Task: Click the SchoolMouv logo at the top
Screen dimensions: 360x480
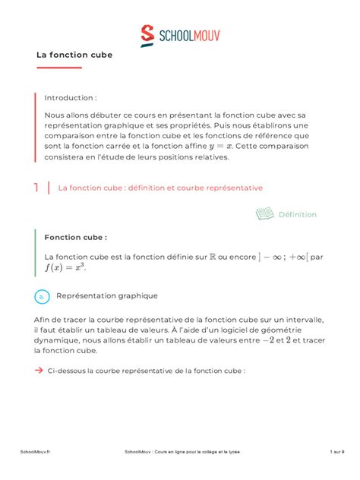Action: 180,34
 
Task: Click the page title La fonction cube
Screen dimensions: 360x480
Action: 74,55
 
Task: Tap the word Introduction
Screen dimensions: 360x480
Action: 70,98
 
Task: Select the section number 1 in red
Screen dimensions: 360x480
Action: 36,187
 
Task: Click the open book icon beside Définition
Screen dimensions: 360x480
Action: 264,214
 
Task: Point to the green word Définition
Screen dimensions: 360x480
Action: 297,215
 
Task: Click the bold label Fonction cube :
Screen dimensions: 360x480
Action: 75,237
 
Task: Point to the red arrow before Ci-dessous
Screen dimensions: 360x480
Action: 39,371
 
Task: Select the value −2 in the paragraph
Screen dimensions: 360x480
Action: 268,341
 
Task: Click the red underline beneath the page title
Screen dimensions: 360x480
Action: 58,68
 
